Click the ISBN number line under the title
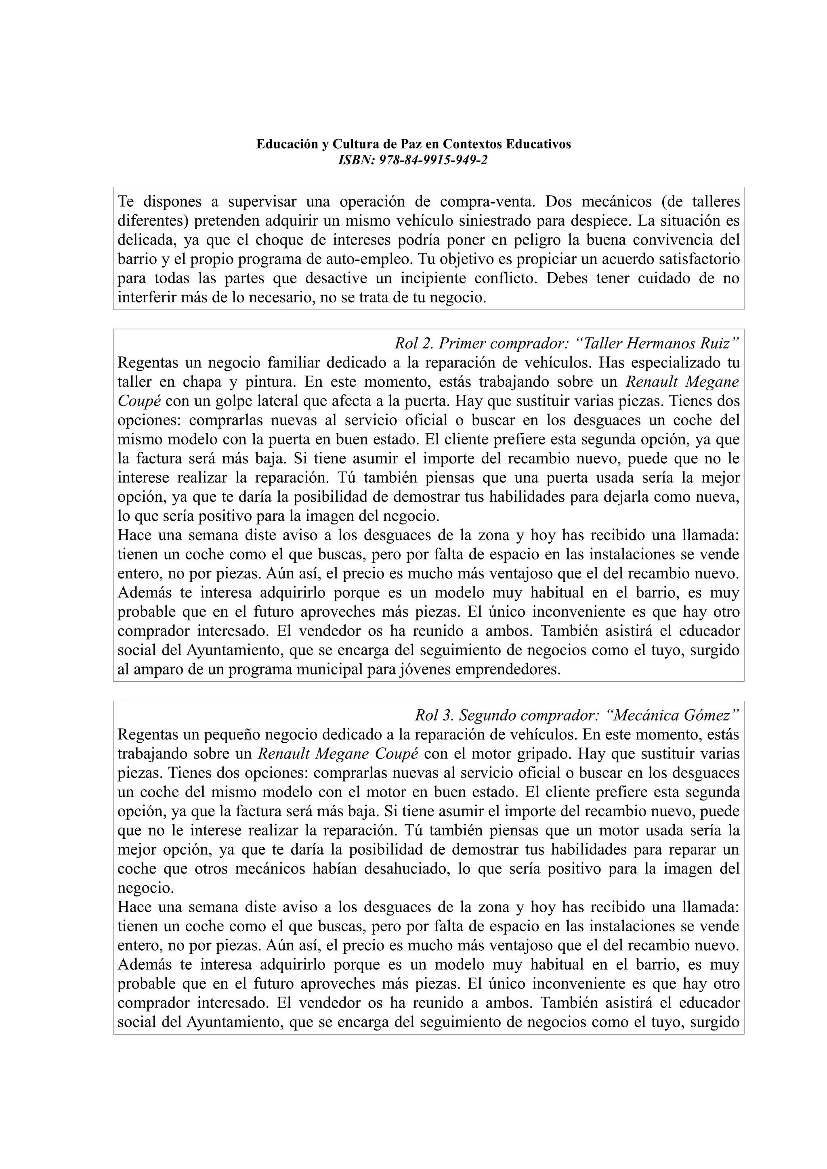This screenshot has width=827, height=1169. pyautogui.click(x=413, y=160)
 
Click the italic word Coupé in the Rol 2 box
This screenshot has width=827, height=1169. pyautogui.click(x=139, y=401)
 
